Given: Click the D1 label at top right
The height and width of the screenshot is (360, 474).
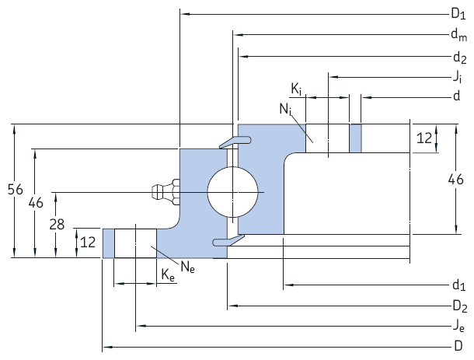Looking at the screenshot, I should [458, 12].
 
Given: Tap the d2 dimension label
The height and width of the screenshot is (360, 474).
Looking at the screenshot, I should [458, 57].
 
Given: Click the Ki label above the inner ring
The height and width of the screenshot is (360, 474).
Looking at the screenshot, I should [297, 88].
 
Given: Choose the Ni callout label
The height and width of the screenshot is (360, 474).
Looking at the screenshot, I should [285, 110].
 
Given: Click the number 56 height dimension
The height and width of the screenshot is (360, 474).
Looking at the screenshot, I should [13, 189].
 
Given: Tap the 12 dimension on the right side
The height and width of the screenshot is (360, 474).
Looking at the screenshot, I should [424, 138].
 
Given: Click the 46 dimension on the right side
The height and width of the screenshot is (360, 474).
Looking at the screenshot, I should [456, 180].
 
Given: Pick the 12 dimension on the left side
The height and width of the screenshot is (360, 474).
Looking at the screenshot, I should [88, 243].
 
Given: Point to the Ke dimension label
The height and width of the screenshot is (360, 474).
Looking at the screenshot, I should [167, 274].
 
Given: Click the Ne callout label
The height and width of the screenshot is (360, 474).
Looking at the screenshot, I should [187, 267].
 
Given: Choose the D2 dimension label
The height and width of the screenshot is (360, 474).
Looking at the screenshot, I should [458, 305].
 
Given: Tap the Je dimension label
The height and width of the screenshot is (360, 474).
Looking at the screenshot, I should [458, 325].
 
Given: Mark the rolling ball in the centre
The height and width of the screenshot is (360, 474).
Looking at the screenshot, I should [233, 191].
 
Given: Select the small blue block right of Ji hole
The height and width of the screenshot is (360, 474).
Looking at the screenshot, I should [356, 138].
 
